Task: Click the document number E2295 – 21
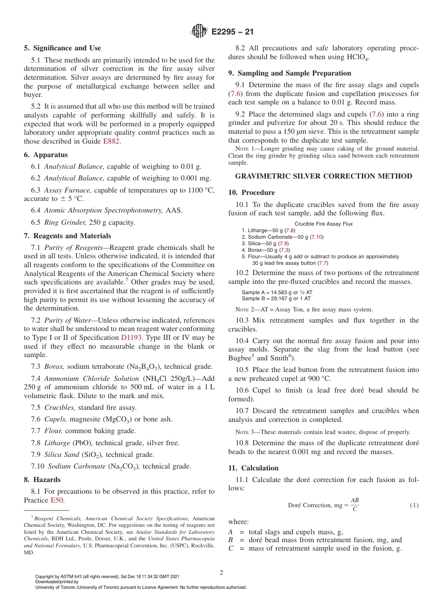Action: [x=232, y=32]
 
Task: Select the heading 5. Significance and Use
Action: [x=62, y=48]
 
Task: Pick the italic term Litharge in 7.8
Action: [x=57, y=443]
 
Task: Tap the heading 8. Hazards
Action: [x=42, y=480]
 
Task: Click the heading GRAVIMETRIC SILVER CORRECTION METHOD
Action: [x=324, y=176]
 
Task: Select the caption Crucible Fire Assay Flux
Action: [x=324, y=224]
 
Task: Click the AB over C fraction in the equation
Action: [x=355, y=505]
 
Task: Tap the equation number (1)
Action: [x=414, y=505]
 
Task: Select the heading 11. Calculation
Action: [x=253, y=468]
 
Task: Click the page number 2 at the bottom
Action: [x=221, y=573]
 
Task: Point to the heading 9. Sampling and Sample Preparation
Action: [x=290, y=73]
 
